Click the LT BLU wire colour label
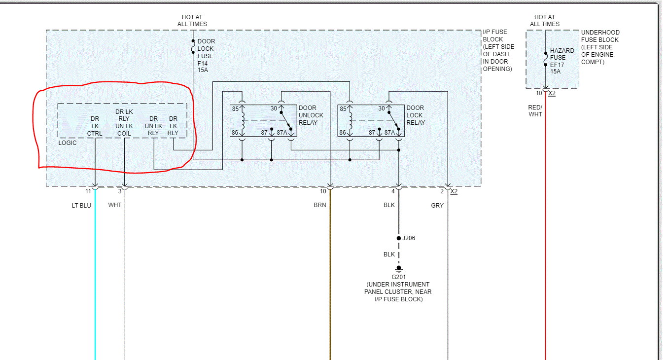pyautogui.click(x=81, y=205)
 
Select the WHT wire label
pyautogui.click(x=115, y=205)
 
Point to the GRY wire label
pyautogui.click(x=437, y=205)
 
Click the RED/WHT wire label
pyautogui.click(x=535, y=110)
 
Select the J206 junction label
pyautogui.click(x=409, y=238)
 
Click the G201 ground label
pyautogui.click(x=398, y=277)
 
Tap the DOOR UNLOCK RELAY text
pyautogui.click(x=311, y=115)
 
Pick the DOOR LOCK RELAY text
pyautogui.click(x=415, y=115)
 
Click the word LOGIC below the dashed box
pyautogui.click(x=68, y=143)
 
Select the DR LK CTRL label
pyautogui.click(x=95, y=126)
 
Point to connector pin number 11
pyautogui.click(x=88, y=191)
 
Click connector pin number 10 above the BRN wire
pyautogui.click(x=323, y=191)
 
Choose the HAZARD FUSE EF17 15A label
pyautogui.click(x=562, y=61)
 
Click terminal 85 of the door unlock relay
pyautogui.click(x=235, y=108)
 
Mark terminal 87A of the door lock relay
pyautogui.click(x=389, y=133)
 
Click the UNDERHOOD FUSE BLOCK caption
pyautogui.click(x=600, y=47)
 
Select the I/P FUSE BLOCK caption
pyautogui.click(x=498, y=50)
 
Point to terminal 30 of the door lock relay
pyautogui.click(x=382, y=108)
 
